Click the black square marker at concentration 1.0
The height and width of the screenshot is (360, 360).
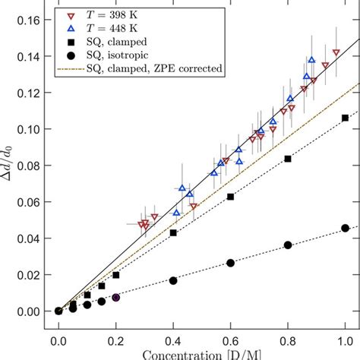tap(345, 118)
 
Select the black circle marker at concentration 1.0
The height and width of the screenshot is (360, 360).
tap(345, 228)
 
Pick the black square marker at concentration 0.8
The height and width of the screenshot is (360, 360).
tap(288, 158)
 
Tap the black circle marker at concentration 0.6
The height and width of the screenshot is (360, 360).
tap(230, 263)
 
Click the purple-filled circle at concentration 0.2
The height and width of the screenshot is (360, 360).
tap(115, 297)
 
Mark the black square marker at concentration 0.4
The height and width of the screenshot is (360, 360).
tap(173, 232)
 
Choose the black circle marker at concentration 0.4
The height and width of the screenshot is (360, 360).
tap(173, 280)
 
